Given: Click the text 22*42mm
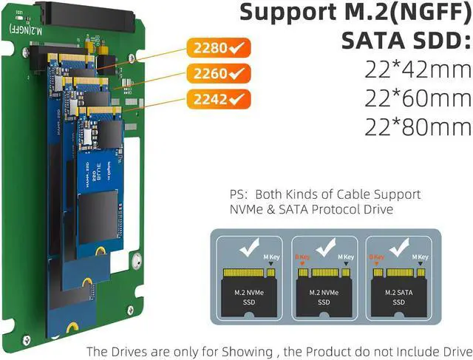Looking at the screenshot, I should [418, 70].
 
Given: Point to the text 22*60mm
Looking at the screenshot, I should [418, 98].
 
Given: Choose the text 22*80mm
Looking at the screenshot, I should [418, 126].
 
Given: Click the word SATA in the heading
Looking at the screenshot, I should [378, 41].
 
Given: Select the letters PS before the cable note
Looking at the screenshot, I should [239, 194].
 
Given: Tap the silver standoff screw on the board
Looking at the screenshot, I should [135, 259].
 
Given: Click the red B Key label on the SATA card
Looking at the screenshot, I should [378, 257].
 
